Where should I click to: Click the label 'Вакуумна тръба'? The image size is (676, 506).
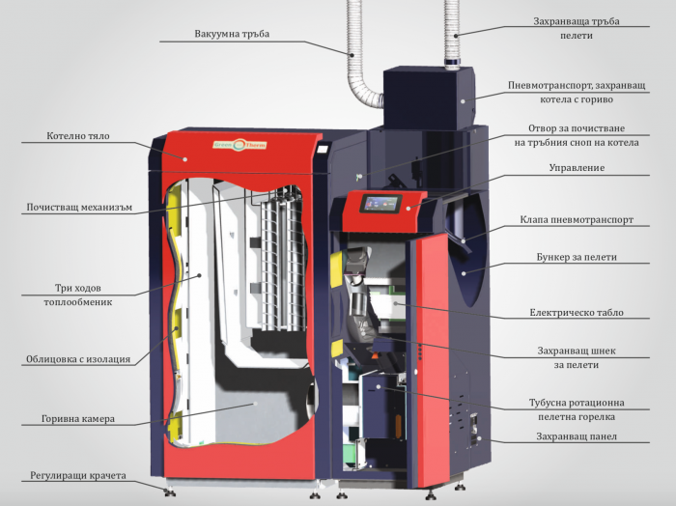pyautogui.click(x=232, y=34)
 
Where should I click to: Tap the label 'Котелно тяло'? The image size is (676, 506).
pyautogui.click(x=78, y=136)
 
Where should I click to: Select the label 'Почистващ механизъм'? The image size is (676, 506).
pyautogui.click(x=79, y=208)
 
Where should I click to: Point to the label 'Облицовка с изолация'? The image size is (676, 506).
pyautogui.click(x=78, y=359)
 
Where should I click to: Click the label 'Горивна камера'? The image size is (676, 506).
pyautogui.click(x=78, y=418)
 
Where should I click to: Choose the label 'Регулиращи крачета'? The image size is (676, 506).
pyautogui.click(x=78, y=475)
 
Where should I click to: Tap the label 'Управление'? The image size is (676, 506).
pyautogui.click(x=577, y=168)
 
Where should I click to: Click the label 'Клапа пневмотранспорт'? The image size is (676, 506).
pyautogui.click(x=577, y=220)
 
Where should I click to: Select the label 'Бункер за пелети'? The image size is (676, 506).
pyautogui.click(x=577, y=257)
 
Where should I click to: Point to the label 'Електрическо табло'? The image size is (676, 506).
pyautogui.click(x=577, y=313)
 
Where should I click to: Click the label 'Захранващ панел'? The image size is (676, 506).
pyautogui.click(x=577, y=436)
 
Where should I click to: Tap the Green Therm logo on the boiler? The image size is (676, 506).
pyautogui.click(x=239, y=145)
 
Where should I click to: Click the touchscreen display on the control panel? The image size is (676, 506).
pyautogui.click(x=381, y=203)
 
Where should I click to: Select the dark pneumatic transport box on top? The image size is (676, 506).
pyautogui.click(x=429, y=98)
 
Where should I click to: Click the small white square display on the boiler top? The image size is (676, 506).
pyautogui.click(x=323, y=149)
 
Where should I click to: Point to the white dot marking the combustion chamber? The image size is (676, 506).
pyautogui.click(x=255, y=404)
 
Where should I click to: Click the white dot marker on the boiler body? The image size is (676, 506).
pyautogui.click(x=185, y=159)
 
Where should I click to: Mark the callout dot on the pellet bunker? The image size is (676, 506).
pyautogui.click(x=464, y=273)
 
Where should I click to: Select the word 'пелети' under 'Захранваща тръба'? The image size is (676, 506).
pyautogui.click(x=577, y=36)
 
